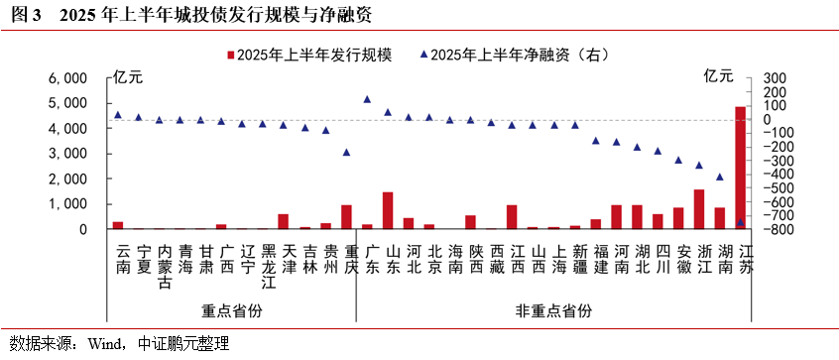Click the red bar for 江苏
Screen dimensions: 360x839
pos(740,168)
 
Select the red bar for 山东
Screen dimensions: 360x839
pos(388,210)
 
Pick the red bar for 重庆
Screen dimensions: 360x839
pos(346,217)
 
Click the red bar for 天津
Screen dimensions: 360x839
pos(284,221)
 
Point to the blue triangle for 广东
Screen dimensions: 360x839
pos(367,99)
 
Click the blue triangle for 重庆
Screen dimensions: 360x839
pos(346,152)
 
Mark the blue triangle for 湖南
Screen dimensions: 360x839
pos(719,177)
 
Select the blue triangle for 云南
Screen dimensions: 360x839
pos(118,115)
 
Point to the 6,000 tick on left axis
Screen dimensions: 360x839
pos(68,77)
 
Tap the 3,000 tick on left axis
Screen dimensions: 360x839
pos(68,154)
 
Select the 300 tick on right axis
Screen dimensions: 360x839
pos(774,77)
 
